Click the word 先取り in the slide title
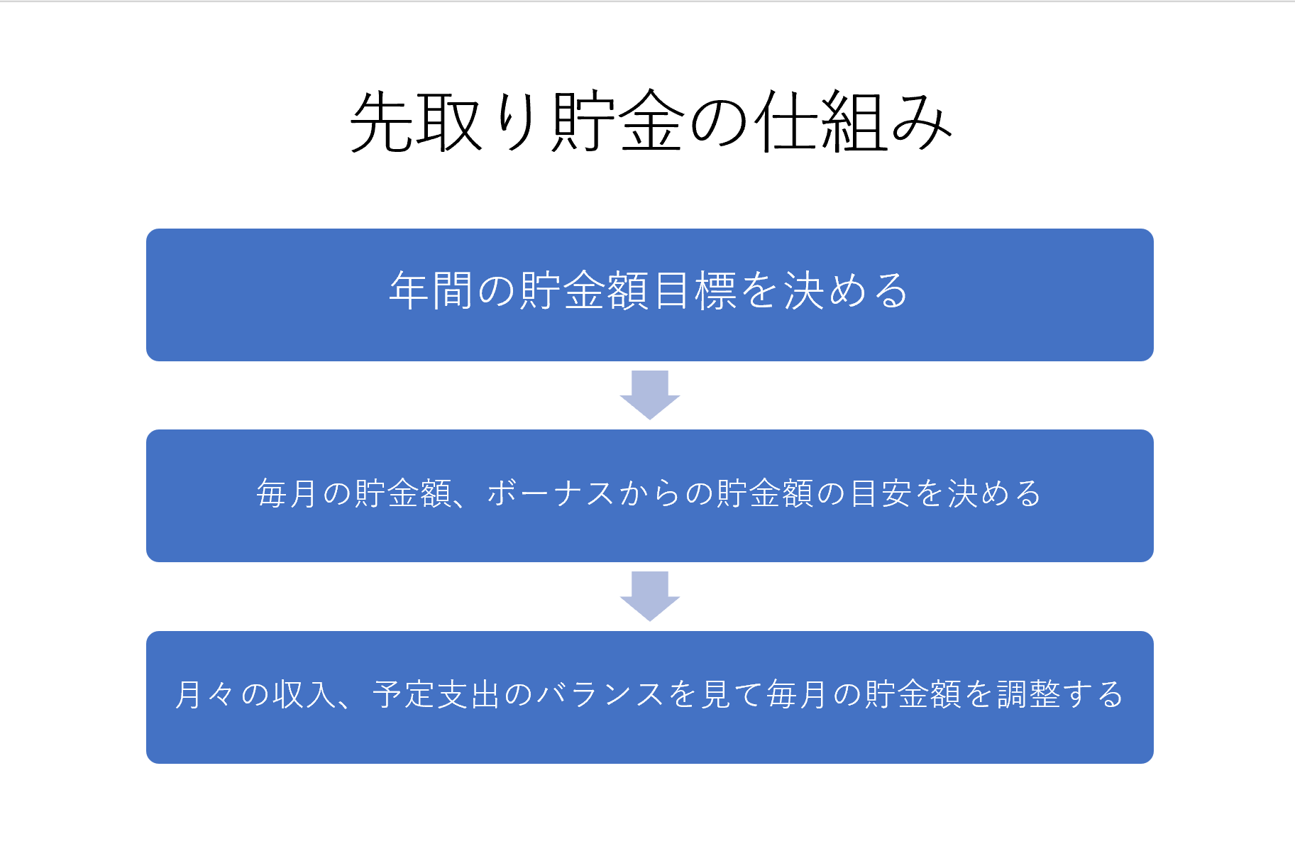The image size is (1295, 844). pos(443,122)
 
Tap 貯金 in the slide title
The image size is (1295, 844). pos(617,122)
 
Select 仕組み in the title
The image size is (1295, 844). pos(852,122)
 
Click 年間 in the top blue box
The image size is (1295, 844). pos(431,291)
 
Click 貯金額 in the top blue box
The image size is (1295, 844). pos(584,291)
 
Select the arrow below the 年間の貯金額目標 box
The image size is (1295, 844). pos(650,395)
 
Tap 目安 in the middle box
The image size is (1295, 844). pos(881,493)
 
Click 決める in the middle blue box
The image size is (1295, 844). pos(994,493)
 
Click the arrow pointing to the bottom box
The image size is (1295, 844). pos(650,596)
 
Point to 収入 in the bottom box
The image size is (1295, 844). pos(304,694)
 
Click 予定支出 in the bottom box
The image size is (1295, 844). pos(437,694)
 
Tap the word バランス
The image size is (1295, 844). pos(600,694)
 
